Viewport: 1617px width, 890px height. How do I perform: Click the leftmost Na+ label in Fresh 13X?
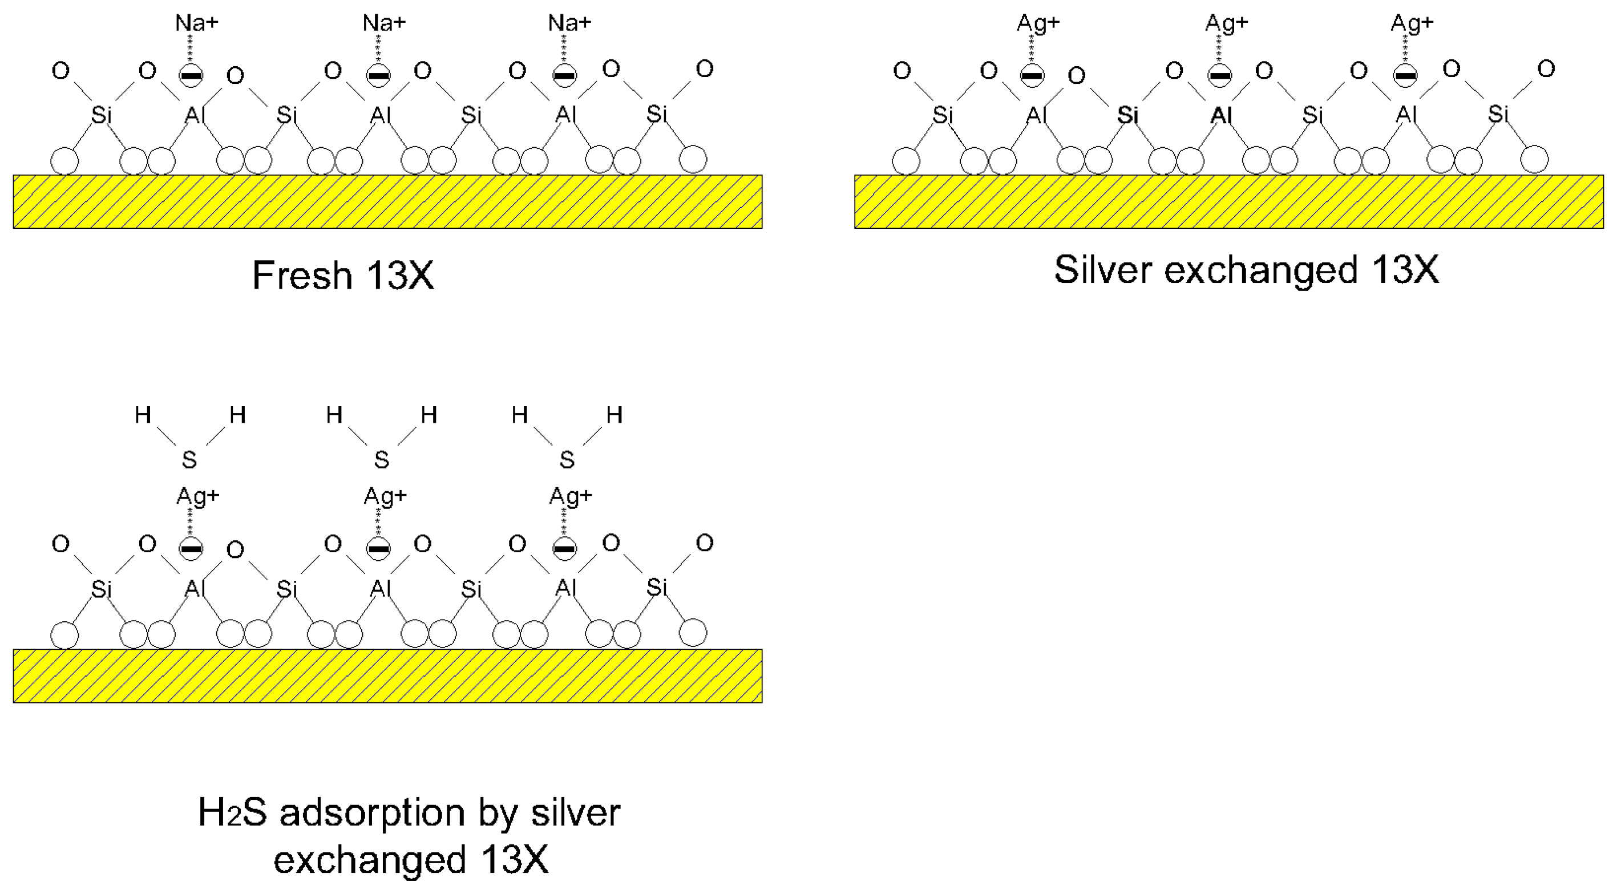196,23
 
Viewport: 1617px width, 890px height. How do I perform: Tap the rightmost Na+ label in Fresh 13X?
569,23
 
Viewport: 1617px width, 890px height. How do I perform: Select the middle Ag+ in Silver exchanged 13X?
1227,23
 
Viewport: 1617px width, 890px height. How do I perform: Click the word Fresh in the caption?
302,276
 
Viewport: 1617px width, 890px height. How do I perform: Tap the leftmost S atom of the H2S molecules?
189,460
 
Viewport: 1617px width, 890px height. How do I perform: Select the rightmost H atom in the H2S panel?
614,415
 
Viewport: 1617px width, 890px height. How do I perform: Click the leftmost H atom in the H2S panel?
143,415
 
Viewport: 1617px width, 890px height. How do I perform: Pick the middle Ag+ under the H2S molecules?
385,496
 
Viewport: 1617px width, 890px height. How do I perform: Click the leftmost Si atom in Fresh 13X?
101,115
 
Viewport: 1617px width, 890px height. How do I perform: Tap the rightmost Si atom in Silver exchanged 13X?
1498,114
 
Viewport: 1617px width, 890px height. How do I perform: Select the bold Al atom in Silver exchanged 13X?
1221,115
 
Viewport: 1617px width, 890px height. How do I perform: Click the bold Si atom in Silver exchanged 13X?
1127,115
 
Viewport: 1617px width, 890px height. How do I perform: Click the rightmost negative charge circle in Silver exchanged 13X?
1405,76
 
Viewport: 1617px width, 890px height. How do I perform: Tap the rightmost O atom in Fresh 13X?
704,68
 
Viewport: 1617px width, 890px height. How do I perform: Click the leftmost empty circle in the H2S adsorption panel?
64,634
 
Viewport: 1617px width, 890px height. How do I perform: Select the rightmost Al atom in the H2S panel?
565,588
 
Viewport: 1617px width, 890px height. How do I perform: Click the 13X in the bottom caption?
515,859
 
